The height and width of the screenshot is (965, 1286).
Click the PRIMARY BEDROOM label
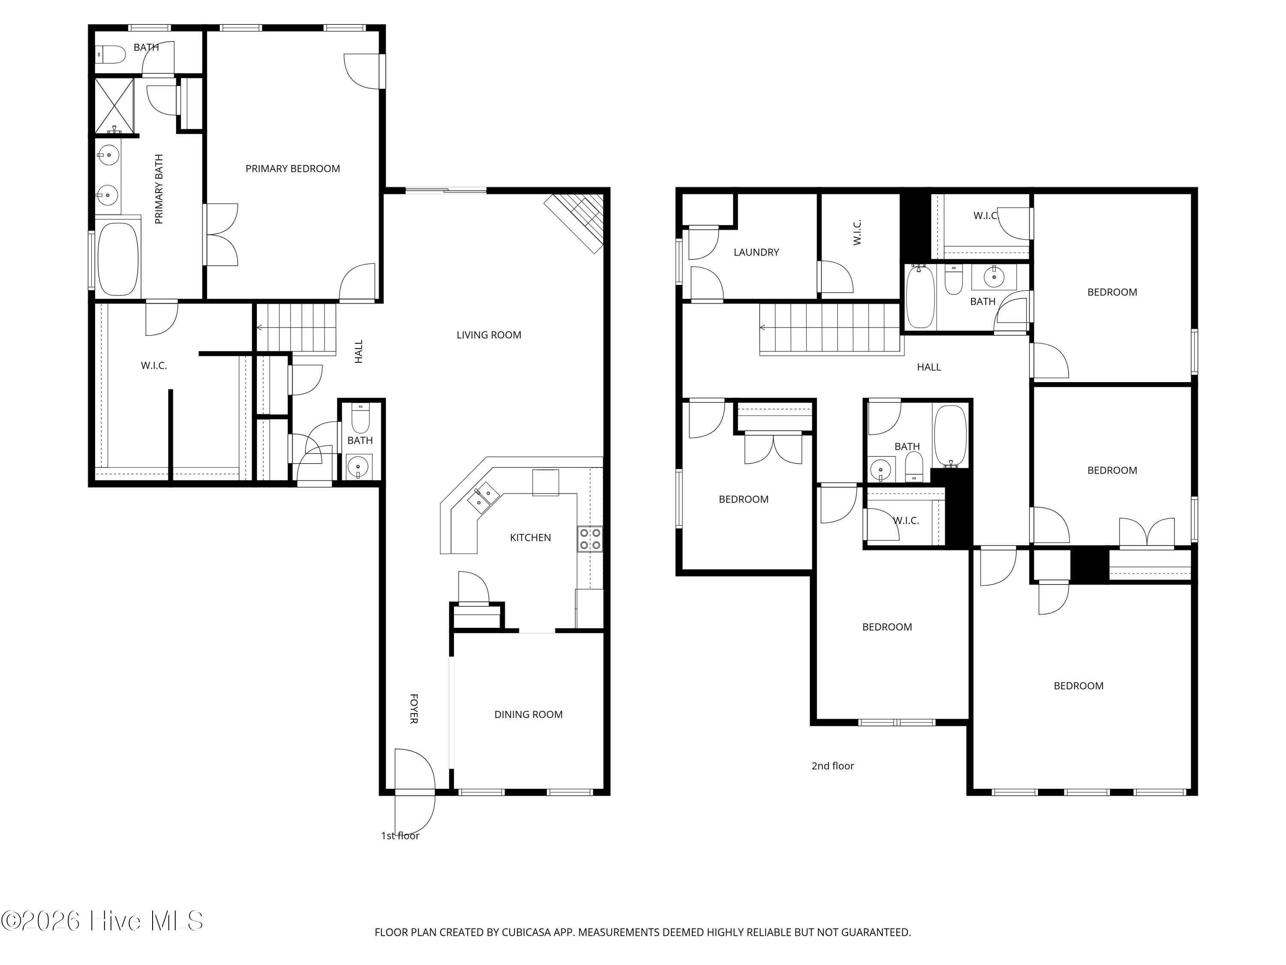point(292,169)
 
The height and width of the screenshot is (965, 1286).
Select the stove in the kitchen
point(589,539)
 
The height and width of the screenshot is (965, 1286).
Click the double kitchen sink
point(484,498)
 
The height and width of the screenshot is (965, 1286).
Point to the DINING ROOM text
point(529,714)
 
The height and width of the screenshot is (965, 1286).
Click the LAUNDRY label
point(756,253)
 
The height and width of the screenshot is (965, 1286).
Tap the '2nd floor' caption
point(832,766)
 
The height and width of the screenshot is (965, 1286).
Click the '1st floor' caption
point(400,836)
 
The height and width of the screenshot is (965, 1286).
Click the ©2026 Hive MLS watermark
point(102,921)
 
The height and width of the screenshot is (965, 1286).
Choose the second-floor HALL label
point(928,367)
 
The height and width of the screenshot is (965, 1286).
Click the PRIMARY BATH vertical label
point(159,189)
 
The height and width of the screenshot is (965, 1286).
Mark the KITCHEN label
point(530,537)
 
